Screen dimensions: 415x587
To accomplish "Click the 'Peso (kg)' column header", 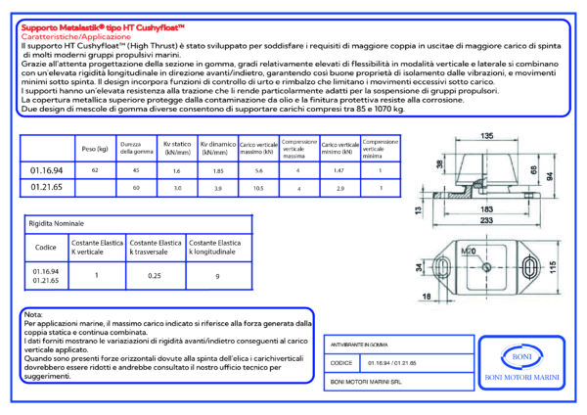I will pyautogui.click(x=95, y=149).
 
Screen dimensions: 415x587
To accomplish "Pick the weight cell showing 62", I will pyautogui.click(x=95, y=170).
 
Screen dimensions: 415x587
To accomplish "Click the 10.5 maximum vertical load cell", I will pyautogui.click(x=258, y=187).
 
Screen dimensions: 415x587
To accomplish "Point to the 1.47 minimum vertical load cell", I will pyautogui.click(x=339, y=170).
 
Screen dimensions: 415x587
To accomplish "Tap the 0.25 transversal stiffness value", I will pyautogui.click(x=155, y=276).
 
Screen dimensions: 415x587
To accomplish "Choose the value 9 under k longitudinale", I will pyautogui.click(x=216, y=276).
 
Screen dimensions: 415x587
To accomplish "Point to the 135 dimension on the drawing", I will pyautogui.click(x=485, y=135).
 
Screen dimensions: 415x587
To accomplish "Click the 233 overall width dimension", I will pyautogui.click(x=486, y=221).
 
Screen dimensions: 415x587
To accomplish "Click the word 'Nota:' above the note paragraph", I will pyautogui.click(x=32, y=313).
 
